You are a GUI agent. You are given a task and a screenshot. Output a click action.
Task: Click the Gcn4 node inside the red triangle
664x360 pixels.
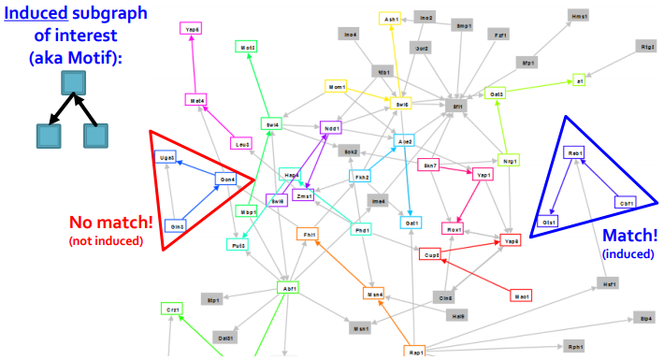(x=227, y=179)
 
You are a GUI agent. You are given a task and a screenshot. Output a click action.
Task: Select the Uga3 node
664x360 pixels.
(x=166, y=158)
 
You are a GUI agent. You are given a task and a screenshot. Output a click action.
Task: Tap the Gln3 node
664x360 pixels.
(x=177, y=225)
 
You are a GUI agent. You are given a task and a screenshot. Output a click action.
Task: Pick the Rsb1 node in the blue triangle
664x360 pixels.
(x=575, y=152)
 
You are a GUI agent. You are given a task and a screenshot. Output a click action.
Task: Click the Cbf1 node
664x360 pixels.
(x=626, y=202)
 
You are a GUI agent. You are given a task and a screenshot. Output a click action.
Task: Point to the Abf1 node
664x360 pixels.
(x=290, y=288)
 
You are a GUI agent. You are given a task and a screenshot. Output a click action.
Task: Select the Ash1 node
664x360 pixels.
(x=391, y=18)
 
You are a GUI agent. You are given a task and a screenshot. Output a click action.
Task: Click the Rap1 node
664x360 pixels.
(x=417, y=352)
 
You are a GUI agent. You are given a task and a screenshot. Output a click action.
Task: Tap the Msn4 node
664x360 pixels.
(x=374, y=294)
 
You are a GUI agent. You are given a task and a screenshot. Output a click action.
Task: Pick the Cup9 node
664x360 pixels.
(x=431, y=254)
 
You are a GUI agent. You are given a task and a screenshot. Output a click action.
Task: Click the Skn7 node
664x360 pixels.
(x=430, y=166)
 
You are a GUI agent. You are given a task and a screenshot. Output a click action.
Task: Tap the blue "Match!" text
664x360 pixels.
(x=630, y=237)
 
